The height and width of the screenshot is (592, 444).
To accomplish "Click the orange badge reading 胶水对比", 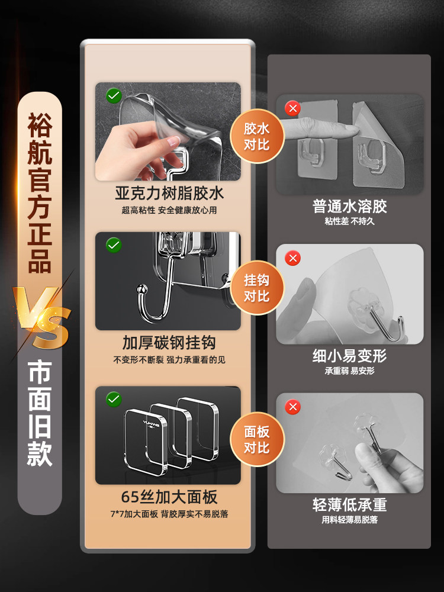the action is pyautogui.click(x=257, y=136).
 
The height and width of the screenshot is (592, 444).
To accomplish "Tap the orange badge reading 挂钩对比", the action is pyautogui.click(x=257, y=288).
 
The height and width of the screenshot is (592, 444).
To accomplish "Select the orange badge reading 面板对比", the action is pyautogui.click(x=257, y=439).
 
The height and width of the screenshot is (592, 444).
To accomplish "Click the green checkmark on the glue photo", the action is pyautogui.click(x=114, y=95).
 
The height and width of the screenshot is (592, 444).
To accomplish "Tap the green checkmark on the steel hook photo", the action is pyautogui.click(x=114, y=245).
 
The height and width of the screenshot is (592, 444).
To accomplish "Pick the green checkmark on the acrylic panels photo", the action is pyautogui.click(x=114, y=400).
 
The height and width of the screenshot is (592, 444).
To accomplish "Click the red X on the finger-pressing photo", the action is pyautogui.click(x=292, y=108).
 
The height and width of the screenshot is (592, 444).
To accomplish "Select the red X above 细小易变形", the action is pyautogui.click(x=292, y=258).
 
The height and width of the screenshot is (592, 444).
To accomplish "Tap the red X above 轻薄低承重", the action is pyautogui.click(x=292, y=407).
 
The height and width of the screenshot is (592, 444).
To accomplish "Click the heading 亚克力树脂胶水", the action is pyautogui.click(x=169, y=194).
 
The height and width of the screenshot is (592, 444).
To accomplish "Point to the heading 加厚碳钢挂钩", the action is pyautogui.click(x=169, y=343).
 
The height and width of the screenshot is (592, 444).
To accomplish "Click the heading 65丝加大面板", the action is pyautogui.click(x=169, y=497).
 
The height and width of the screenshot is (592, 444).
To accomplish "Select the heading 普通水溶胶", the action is pyautogui.click(x=350, y=206).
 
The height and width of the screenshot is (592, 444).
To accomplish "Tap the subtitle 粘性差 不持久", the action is pyautogui.click(x=350, y=221).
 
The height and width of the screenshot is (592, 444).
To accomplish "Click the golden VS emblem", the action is pyautogui.click(x=41, y=317).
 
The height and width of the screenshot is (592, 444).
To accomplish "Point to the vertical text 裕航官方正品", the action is pyautogui.click(x=40, y=192).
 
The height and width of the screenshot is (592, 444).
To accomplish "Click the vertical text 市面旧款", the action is pyautogui.click(x=40, y=413).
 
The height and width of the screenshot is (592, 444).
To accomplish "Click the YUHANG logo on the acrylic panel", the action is pyautogui.click(x=151, y=424).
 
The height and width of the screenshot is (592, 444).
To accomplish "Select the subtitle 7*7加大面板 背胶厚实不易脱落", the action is pyautogui.click(x=169, y=514).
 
